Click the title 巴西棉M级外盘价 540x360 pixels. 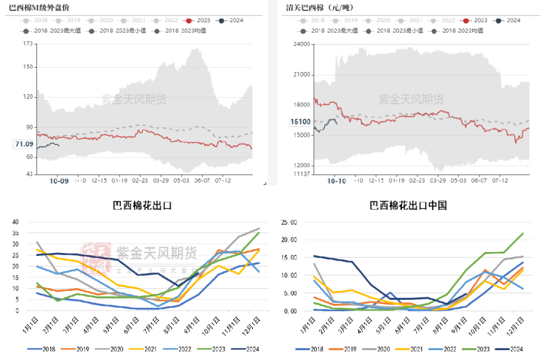point(40,7)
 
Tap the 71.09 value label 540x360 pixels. point(24,144)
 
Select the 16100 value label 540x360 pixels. point(300,121)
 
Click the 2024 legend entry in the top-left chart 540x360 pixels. point(231,20)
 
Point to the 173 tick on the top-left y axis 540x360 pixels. point(28,44)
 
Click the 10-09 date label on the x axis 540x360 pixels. point(59,180)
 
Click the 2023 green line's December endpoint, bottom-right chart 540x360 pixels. point(523,233)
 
